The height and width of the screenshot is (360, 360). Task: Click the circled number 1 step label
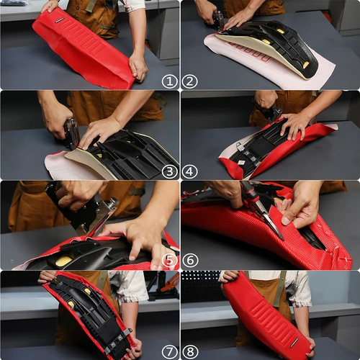point(170,81)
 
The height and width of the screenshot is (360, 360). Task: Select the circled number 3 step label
point(170,171)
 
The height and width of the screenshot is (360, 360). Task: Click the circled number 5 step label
point(170,261)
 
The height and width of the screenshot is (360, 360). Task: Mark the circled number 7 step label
point(170,351)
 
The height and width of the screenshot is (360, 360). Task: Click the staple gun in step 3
point(71,133)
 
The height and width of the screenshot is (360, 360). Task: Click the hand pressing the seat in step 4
point(295,124)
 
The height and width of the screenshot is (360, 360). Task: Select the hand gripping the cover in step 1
point(138,65)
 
